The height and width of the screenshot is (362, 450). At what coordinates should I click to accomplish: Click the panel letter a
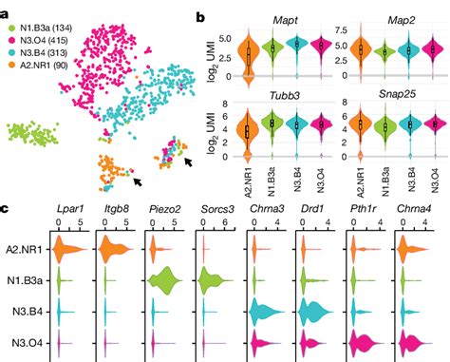point(7,8)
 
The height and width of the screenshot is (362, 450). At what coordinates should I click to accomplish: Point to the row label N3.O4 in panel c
point(27,341)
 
